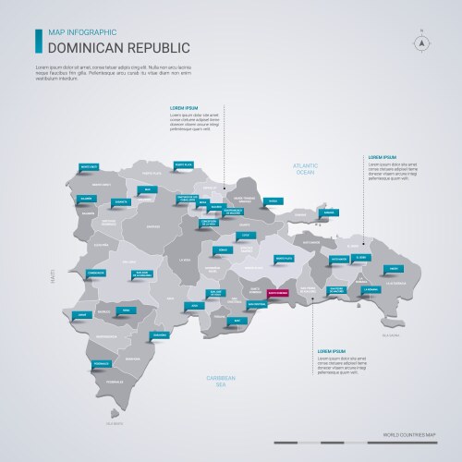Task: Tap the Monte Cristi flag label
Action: pyautogui.click(x=90, y=167)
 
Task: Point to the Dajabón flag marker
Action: pyautogui.click(x=88, y=198)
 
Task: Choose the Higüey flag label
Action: pyautogui.click(x=395, y=268)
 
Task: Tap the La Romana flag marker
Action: pyautogui.click(x=371, y=288)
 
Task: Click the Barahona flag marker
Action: pyautogui.click(x=160, y=334)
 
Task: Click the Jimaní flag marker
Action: pyautogui.click(x=84, y=315)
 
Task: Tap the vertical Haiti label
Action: pyautogui.click(x=53, y=276)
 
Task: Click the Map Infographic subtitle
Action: pyautogui.click(x=79, y=31)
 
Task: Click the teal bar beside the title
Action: pyautogui.click(x=38, y=40)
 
